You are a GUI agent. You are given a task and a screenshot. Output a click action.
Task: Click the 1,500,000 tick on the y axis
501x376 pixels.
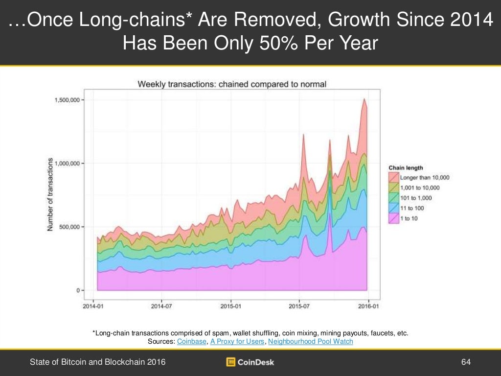tap(66, 100)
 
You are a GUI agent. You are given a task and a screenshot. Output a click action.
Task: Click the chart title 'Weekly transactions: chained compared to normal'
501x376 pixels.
tap(232, 84)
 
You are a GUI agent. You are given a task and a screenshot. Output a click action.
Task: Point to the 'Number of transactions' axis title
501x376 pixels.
tap(50, 195)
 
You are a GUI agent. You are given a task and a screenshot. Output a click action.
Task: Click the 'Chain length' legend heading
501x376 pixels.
tap(406, 168)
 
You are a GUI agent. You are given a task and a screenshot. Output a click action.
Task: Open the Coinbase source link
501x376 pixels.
tap(191, 341)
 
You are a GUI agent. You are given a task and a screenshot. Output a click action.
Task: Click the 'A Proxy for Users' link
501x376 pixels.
tap(237, 341)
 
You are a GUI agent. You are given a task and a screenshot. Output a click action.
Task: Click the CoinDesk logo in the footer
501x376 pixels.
tap(250, 362)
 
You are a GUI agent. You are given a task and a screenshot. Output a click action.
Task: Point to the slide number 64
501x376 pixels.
tap(465, 362)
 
